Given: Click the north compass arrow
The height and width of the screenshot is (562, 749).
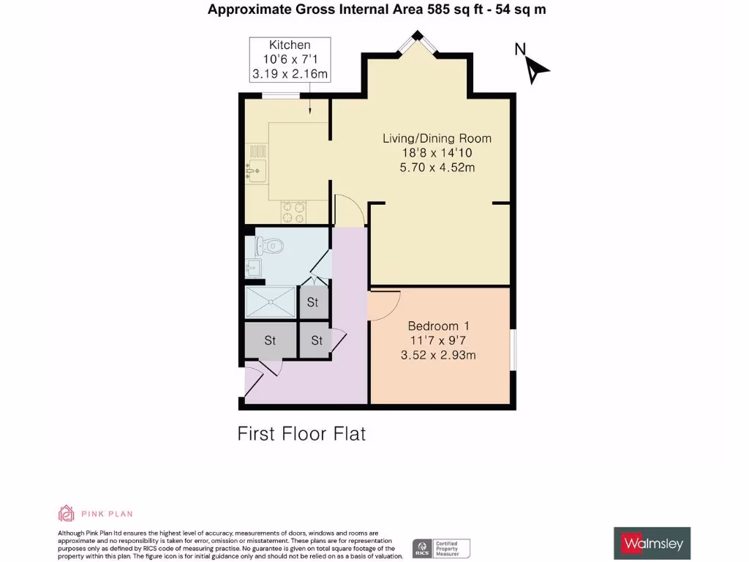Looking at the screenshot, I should click(538, 69).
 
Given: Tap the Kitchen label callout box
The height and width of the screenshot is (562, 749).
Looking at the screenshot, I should click(290, 59).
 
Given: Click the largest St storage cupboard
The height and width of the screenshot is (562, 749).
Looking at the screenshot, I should click(270, 340).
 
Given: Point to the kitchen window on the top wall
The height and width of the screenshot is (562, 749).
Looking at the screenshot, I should click(280, 96).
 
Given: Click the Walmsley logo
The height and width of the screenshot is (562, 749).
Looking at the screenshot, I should click(651, 544).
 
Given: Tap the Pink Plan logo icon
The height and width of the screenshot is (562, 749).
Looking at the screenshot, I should click(67, 514).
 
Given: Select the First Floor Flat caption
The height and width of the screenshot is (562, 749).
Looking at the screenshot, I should click(301, 434).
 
